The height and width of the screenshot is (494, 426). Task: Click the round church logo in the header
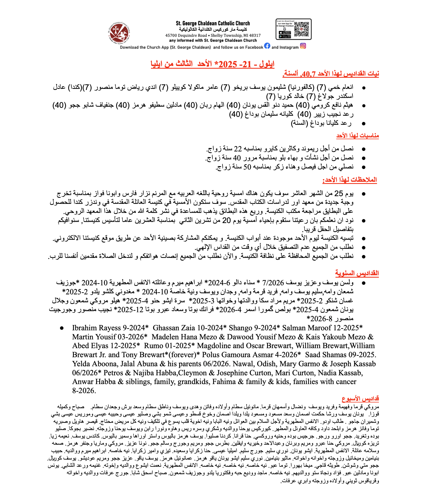click(119, 32)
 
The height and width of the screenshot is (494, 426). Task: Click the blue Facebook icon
click(267, 46)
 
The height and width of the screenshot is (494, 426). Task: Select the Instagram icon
click(303, 46)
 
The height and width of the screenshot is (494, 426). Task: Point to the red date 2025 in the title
click(228, 64)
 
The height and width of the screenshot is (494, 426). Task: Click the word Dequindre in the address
click(186, 35)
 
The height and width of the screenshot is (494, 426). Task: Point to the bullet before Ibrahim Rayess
click(62, 328)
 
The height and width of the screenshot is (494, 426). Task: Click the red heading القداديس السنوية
click(357, 273)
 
